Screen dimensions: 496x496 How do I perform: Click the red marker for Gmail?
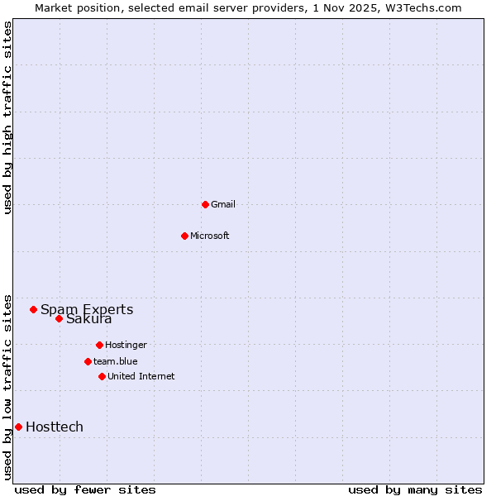[205, 204]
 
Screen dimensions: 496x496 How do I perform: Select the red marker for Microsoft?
[185, 236]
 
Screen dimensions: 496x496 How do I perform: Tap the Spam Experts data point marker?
[34, 309]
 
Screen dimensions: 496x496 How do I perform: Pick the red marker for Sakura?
[59, 318]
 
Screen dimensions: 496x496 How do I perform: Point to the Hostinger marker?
[99, 345]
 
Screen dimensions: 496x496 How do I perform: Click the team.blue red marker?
[88, 361]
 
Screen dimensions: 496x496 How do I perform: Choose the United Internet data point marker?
[102, 376]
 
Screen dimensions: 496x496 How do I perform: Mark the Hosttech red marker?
[18, 427]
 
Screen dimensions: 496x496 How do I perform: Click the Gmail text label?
[223, 204]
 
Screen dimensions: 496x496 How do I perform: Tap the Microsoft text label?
[210, 236]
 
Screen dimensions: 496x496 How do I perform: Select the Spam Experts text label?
[87, 310]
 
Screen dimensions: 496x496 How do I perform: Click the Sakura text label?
[89, 319]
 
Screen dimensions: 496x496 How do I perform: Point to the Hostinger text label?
[126, 345]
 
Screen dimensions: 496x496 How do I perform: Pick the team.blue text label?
[116, 361]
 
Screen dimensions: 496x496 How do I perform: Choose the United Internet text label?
[141, 376]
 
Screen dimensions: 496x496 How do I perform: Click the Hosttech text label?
[55, 427]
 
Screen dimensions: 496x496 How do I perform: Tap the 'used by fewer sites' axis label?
[85, 489]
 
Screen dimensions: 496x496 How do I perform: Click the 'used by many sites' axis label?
[415, 489]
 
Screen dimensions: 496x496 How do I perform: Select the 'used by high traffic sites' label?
[8, 117]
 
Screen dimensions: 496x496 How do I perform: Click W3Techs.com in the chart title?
[421, 7]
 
